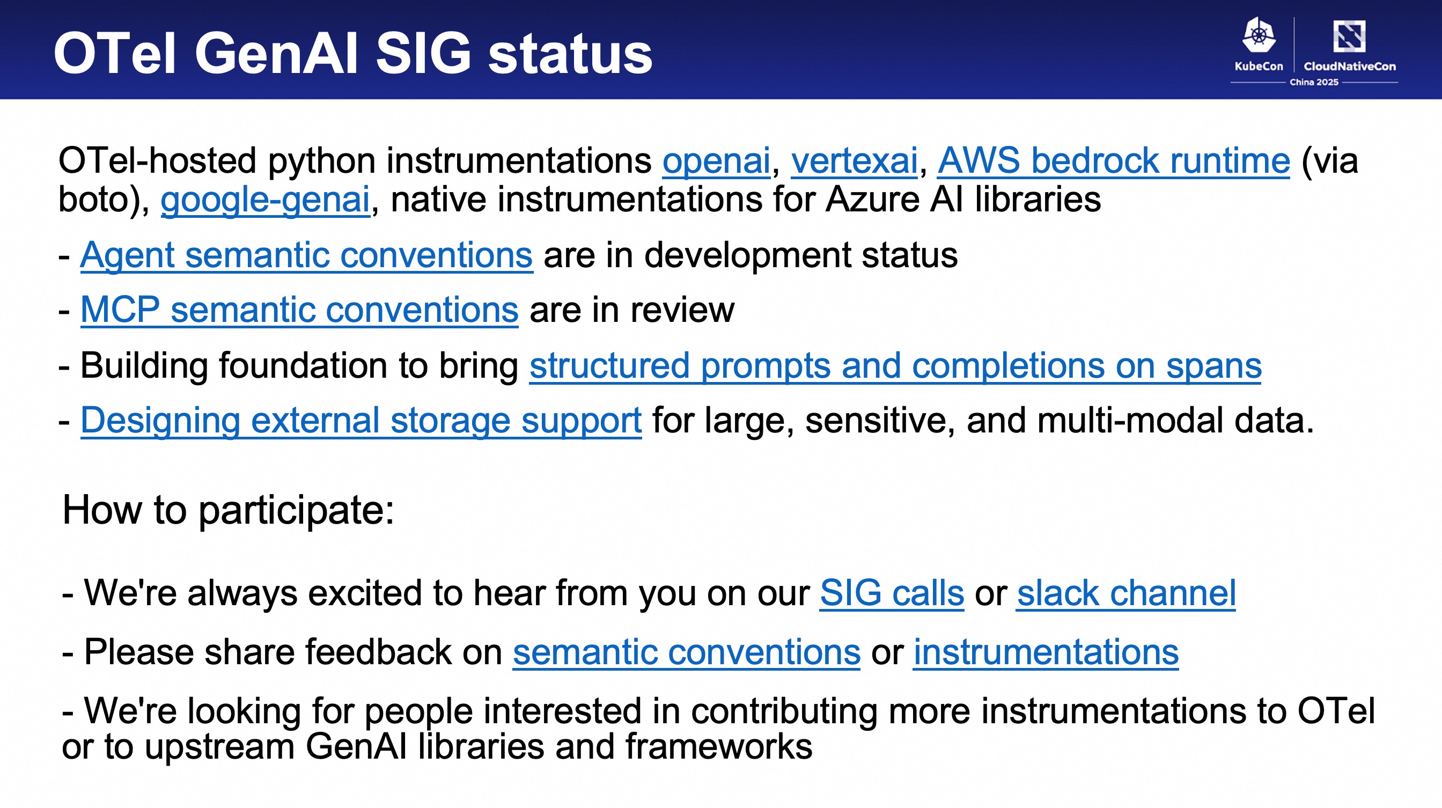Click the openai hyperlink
[717, 161]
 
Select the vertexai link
[854, 161]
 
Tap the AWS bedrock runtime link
[1113, 161]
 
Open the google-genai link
[266, 200]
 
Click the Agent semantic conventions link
[307, 255]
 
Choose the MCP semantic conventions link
[299, 310]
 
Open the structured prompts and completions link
[895, 366]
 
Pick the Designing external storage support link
[361, 421]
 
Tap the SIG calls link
[892, 593]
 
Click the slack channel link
[1125, 593]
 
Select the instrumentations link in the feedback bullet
[1046, 652]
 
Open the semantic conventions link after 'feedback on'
[686, 652]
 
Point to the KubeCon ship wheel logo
[1259, 35]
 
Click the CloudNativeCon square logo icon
[1349, 36]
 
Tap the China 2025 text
[1314, 82]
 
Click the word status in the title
[570, 54]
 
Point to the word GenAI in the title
[276, 53]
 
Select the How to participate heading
[229, 511]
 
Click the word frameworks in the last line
[719, 747]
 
